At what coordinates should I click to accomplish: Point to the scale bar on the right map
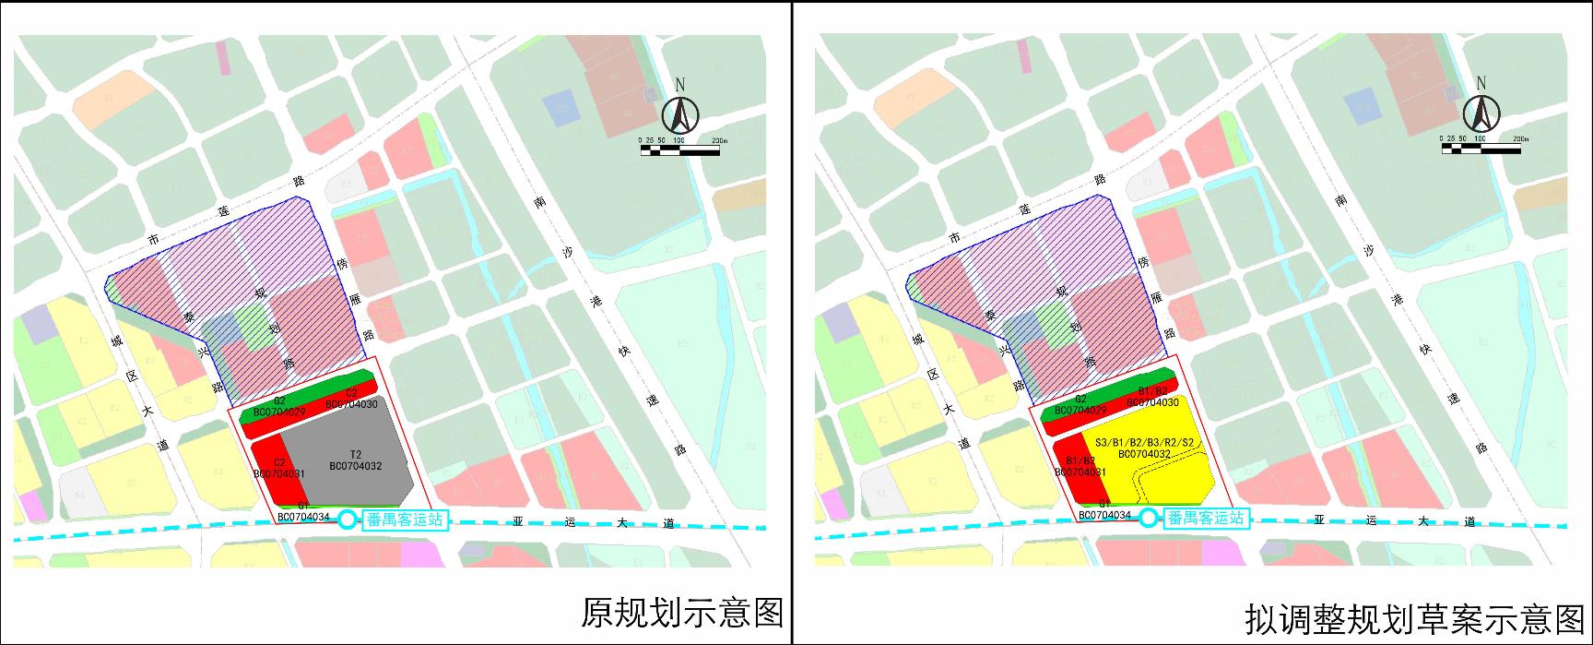1481,148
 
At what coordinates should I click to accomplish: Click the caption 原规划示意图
681,613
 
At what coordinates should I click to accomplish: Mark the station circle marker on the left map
347,520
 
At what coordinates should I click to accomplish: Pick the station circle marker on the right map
1148,519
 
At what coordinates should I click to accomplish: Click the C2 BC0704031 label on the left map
278,468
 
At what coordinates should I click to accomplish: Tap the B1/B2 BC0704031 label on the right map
1080,467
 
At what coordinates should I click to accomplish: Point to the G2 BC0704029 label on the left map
278,405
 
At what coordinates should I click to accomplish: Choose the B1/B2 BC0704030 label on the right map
1152,397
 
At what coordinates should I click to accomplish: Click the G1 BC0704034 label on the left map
303,511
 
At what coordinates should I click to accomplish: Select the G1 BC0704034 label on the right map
1104,510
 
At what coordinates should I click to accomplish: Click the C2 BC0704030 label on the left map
351,398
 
